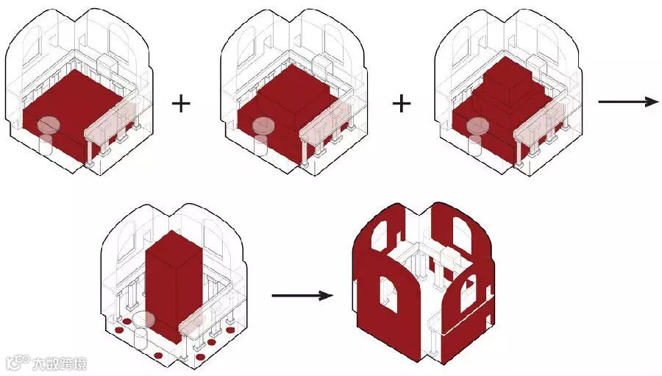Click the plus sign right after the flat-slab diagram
tap(180, 102)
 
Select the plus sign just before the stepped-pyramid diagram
tap(401, 102)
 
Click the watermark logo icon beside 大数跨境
tap(16, 363)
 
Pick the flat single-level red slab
tap(74, 110)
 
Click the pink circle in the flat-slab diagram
tap(49, 126)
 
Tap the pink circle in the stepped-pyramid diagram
tap(477, 126)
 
